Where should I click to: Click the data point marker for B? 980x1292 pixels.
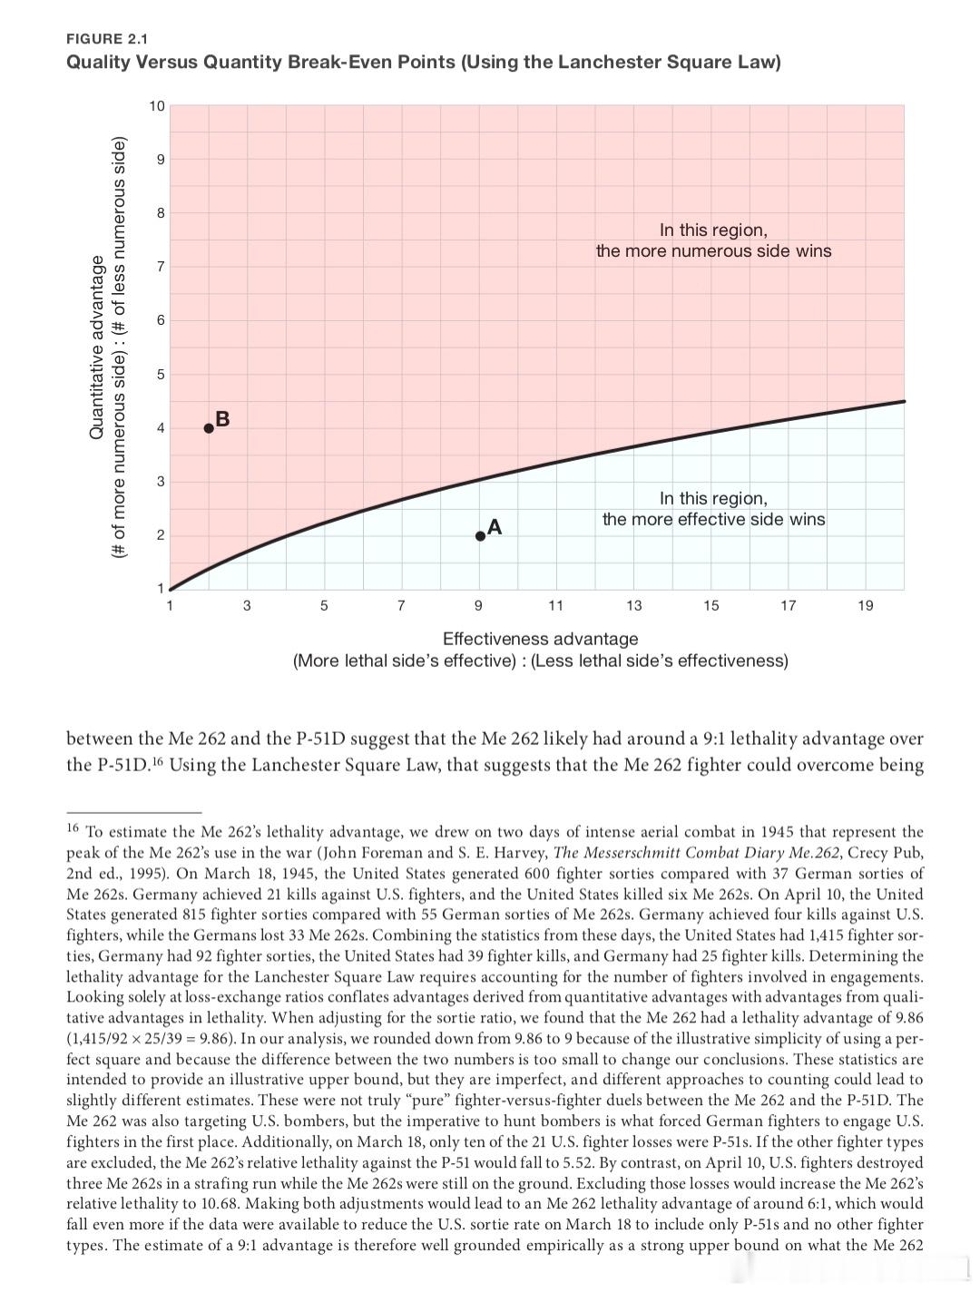click(x=209, y=428)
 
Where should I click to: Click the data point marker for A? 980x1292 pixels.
click(x=480, y=535)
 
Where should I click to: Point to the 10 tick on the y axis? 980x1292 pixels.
click(x=157, y=106)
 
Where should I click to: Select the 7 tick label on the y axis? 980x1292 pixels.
click(x=161, y=267)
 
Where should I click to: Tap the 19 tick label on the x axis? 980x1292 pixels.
click(x=865, y=605)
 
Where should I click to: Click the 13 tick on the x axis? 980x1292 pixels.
click(x=633, y=605)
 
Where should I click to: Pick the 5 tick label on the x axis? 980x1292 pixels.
click(x=325, y=605)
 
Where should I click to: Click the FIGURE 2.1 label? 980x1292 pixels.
click(x=107, y=38)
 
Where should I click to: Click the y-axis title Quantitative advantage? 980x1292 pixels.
click(x=96, y=349)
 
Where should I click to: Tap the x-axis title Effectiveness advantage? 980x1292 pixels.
click(x=540, y=639)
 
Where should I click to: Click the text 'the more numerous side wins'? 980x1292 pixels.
click(x=713, y=250)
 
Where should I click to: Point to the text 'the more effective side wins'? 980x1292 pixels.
click(x=713, y=519)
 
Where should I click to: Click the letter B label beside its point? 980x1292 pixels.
click(x=223, y=418)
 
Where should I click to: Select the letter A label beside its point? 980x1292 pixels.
click(x=495, y=526)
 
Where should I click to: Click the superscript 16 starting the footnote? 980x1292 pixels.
click(x=73, y=827)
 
